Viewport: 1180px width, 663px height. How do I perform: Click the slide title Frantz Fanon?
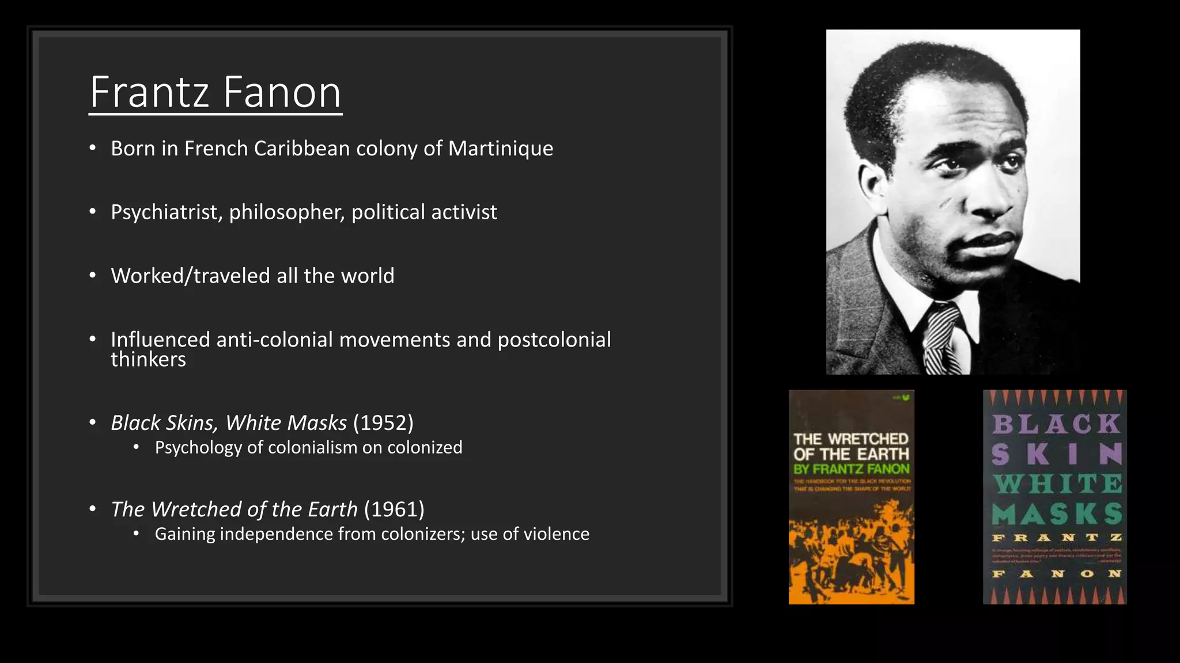coord(215,92)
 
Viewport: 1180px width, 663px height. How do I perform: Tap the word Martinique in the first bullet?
coord(500,148)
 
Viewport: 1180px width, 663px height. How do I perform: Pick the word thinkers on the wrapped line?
coord(148,360)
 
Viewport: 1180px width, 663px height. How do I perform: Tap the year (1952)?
coord(383,423)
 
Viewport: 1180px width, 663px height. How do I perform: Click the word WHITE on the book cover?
coord(1057,484)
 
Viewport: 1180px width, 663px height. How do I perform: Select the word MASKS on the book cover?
coord(1057,514)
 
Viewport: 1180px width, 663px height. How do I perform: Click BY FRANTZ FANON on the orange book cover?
coord(852,469)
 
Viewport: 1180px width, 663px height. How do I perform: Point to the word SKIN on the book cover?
coord(1057,454)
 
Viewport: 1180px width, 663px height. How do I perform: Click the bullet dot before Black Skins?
coord(93,423)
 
